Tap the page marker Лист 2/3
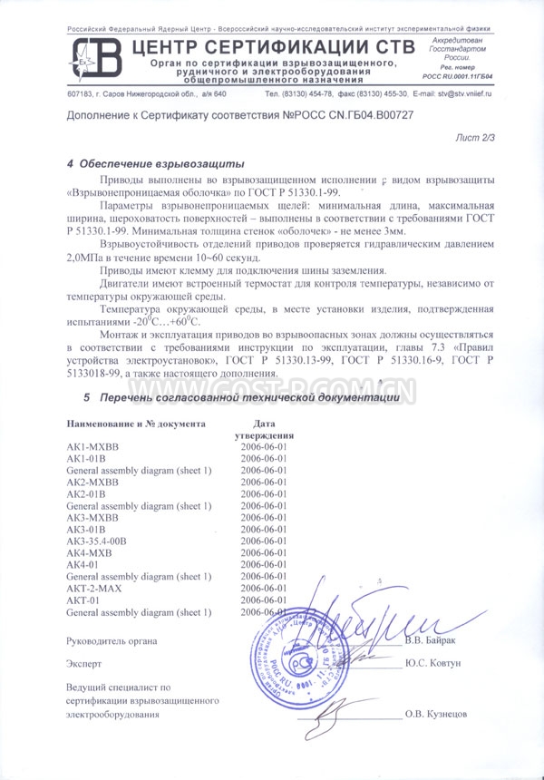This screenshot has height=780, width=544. (476, 137)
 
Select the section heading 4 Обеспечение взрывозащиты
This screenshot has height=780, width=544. (156, 164)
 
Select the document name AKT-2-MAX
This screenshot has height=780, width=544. (94, 588)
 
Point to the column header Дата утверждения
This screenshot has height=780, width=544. (265, 429)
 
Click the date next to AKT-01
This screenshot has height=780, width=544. (265, 600)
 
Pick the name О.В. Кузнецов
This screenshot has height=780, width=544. (436, 715)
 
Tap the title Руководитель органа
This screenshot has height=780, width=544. (112, 641)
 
